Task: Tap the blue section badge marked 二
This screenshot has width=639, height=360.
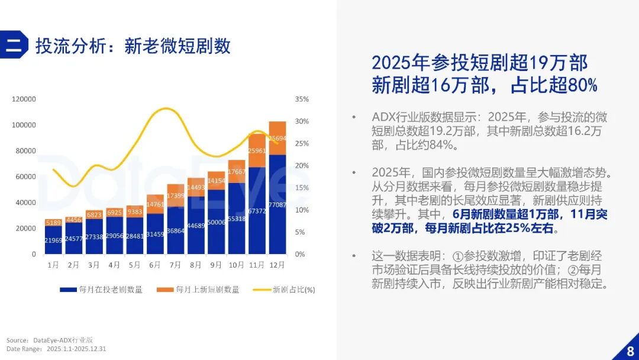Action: pyautogui.click(x=14, y=45)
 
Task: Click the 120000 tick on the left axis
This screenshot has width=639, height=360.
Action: pyautogui.click(x=24, y=99)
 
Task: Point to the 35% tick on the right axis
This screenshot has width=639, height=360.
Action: pyautogui.click(x=302, y=99)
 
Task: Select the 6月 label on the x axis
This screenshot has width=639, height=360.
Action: pyautogui.click(x=155, y=266)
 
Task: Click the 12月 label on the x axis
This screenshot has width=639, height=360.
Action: pyautogui.click(x=277, y=266)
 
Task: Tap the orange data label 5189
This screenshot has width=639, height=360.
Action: pyautogui.click(x=53, y=223)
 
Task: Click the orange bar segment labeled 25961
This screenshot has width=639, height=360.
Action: pyautogui.click(x=257, y=150)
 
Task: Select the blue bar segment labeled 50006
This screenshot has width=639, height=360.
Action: pyautogui.click(x=216, y=222)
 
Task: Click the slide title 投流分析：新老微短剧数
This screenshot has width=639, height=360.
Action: pyautogui.click(x=133, y=46)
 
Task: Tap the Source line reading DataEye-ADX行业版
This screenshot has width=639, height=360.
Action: pyautogui.click(x=50, y=340)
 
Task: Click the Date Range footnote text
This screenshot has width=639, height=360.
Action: pyautogui.click(x=56, y=349)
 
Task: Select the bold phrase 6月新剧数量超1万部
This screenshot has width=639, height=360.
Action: pyautogui.click(x=500, y=214)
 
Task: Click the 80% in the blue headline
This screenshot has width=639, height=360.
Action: pyautogui.click(x=582, y=85)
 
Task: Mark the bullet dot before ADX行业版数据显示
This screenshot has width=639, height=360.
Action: pyautogui.click(x=353, y=117)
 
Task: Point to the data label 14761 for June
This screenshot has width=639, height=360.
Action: pyautogui.click(x=155, y=205)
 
